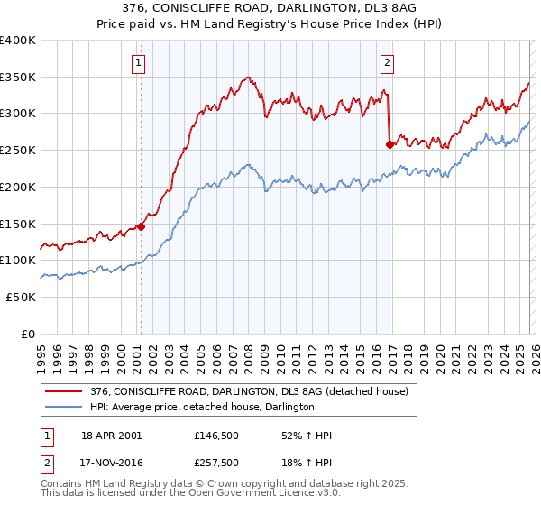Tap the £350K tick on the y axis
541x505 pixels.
(18, 77)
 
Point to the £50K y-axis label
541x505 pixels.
(21, 297)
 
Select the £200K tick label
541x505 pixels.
(18, 187)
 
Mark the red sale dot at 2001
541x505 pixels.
(141, 226)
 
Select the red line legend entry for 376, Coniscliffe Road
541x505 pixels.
(249, 391)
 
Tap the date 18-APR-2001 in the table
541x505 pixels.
(111, 436)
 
